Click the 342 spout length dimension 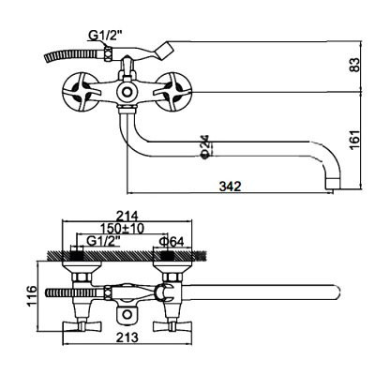tap(230, 187)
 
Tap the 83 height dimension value tap(354, 65)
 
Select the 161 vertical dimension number tap(354, 140)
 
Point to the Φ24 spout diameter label tap(205, 146)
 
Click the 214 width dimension tap(127, 216)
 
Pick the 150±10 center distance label tap(122, 229)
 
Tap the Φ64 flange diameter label tap(171, 241)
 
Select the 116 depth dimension tap(32, 295)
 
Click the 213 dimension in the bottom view tap(127, 337)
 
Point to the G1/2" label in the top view tap(104, 37)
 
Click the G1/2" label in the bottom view tap(103, 241)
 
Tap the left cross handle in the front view tap(82, 92)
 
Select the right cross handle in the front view tap(173, 92)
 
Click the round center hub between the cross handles tap(127, 92)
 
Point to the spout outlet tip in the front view tap(333, 183)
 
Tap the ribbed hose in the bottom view tap(75, 293)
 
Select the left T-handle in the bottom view tap(82, 327)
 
